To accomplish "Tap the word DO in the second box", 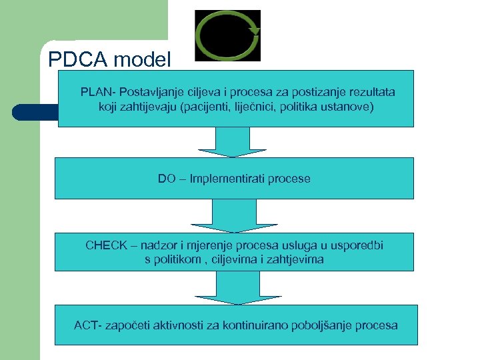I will pos(167,179).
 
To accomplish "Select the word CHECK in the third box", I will pos(105,245).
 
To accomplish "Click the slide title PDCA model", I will pos(110,60).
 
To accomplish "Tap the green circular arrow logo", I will pos(227,35).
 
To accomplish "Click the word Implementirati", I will pos(226,179).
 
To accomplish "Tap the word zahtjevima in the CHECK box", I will pos(296,259).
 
